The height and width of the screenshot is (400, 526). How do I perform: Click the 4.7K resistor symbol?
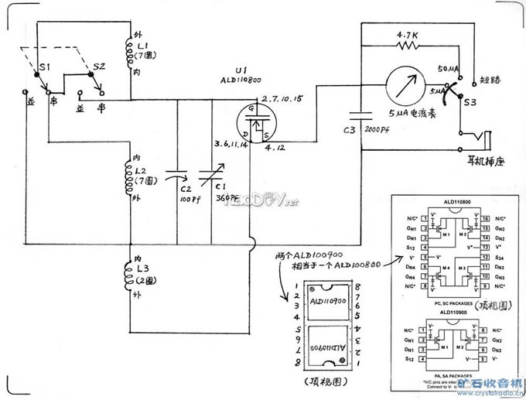point(408,46)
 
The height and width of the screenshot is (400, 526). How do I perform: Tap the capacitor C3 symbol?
point(360,114)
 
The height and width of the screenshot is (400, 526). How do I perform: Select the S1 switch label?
point(44,67)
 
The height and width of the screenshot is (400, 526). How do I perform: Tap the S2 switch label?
point(99,67)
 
